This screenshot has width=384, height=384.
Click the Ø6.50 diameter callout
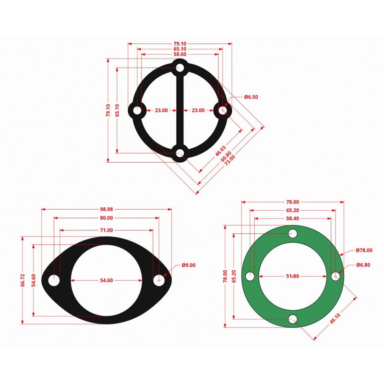tap(251, 97)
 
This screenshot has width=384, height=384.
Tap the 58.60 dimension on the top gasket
tap(180, 54)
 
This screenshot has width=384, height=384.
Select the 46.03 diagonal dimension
tap(221, 151)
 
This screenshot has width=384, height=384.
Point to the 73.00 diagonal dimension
tap(230, 160)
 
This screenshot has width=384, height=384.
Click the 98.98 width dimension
tap(107, 209)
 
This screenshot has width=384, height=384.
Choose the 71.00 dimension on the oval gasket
tap(107, 230)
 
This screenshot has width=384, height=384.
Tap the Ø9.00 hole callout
tap(189, 265)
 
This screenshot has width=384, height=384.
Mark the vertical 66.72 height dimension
tap(23, 280)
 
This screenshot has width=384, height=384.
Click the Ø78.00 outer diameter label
tap(364, 250)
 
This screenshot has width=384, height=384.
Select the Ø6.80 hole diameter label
tap(363, 265)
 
